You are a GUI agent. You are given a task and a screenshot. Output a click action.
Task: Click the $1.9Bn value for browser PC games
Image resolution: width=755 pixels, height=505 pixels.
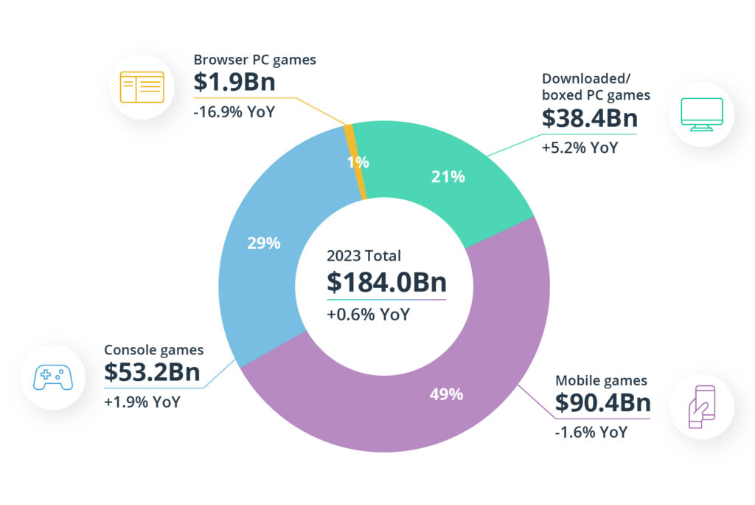pos(234,82)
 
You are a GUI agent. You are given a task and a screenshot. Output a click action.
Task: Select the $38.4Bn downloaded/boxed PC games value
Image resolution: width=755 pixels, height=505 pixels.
pos(589,118)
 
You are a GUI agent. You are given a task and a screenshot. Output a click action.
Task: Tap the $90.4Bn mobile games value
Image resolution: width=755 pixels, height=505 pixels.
pos(602,403)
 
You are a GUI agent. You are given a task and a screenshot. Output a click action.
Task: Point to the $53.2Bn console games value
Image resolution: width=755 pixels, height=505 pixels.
pos(152,373)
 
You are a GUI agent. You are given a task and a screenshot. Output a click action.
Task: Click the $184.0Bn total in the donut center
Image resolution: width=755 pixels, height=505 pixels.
pos(386,282)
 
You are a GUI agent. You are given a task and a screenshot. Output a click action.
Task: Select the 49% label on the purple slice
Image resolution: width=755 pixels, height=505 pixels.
pos(446,394)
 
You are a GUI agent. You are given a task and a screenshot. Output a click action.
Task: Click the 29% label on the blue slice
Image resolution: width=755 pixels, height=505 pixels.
pos(264,243)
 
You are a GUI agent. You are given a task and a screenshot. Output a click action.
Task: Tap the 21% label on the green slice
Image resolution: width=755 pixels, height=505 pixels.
pos(448,176)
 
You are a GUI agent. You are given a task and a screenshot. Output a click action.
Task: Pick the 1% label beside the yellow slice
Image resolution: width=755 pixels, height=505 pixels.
pos(358,162)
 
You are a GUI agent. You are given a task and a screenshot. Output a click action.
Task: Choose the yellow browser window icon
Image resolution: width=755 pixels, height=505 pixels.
pos(142,87)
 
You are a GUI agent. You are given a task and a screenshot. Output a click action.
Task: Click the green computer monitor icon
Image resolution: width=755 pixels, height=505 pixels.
pos(701,114)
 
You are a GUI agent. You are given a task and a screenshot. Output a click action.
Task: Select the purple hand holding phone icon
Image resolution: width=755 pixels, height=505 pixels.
pos(701,406)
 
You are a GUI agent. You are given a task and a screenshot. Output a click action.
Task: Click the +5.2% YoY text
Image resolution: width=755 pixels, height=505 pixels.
pos(580,147)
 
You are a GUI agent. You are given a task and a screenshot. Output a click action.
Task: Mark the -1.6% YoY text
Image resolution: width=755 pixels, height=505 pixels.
pos(591,432)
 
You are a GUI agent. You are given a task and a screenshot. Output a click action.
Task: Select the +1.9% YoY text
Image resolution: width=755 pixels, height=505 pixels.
pos(142,402)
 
